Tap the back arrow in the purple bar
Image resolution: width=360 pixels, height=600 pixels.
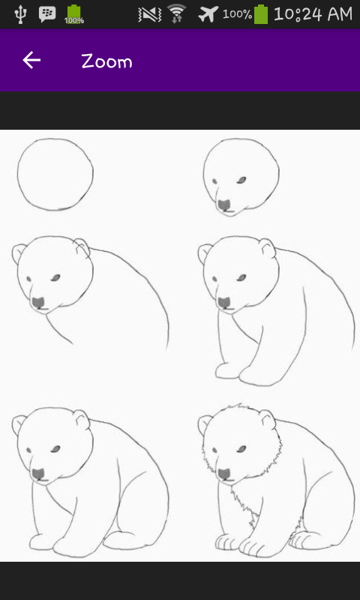[x=31, y=61]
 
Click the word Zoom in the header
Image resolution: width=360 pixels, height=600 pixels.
[x=106, y=61]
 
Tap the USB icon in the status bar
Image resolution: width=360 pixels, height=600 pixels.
[x=19, y=14]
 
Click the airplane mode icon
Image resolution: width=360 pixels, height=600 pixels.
[x=208, y=14]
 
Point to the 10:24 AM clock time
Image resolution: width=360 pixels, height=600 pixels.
[x=313, y=14]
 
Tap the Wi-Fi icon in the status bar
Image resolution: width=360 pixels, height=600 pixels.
[x=176, y=13]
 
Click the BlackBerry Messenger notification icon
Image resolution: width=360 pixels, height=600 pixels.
[x=47, y=14]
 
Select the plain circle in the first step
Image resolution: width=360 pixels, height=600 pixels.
[x=55, y=175]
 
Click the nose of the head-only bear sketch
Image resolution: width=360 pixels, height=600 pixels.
[x=224, y=205]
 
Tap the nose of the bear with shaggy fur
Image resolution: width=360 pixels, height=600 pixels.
[x=224, y=475]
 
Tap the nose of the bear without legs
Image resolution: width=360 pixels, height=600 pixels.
[x=39, y=303]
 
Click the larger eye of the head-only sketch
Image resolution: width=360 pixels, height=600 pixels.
[x=241, y=180]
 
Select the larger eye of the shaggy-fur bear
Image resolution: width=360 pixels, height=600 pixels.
[x=241, y=448]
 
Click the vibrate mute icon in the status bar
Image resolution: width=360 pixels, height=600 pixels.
[x=150, y=14]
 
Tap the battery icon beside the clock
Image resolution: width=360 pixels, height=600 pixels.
[x=261, y=14]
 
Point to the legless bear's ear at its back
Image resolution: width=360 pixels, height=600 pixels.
[x=82, y=247]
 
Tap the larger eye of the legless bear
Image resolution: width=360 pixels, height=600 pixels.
[x=55, y=277]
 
